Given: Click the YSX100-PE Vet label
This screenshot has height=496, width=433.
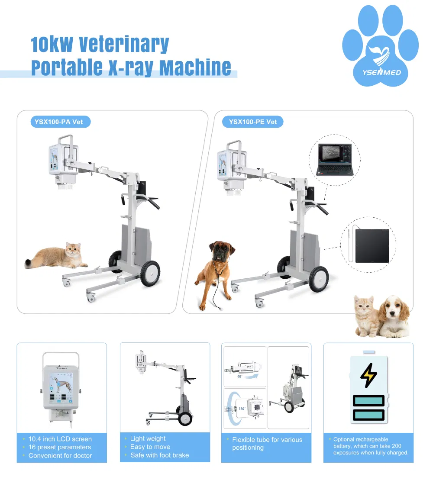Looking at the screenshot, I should (x=253, y=122).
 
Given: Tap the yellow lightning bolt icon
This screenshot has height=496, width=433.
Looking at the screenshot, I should (x=368, y=375).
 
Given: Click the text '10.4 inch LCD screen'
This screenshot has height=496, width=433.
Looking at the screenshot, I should (x=60, y=439).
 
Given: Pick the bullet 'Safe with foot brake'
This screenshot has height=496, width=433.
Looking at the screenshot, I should (x=159, y=455).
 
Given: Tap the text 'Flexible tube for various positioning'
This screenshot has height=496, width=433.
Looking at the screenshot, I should (x=267, y=443).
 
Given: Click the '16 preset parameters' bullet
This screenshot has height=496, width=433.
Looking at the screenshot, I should (x=60, y=447).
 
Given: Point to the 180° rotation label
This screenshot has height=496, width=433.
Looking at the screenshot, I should (x=242, y=408).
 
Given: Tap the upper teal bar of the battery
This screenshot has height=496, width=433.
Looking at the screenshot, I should (x=368, y=401).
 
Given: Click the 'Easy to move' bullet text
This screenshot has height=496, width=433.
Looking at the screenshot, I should (x=150, y=447).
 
